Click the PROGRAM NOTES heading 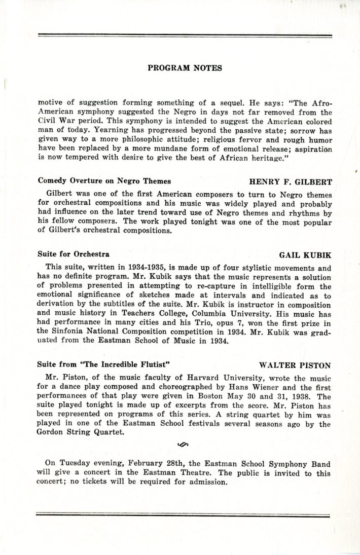point(185,68)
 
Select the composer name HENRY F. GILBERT point(290,181)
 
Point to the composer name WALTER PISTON point(295,365)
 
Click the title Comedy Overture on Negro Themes point(104,180)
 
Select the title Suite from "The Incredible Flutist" point(103,364)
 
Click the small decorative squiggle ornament point(184,445)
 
